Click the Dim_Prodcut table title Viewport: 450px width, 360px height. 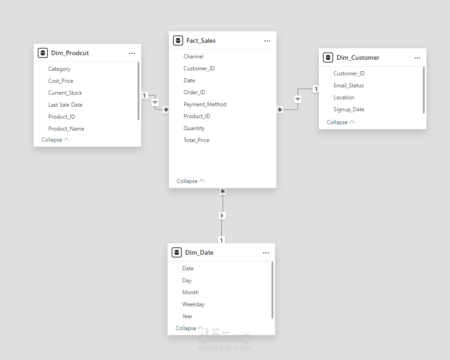coord(70,53)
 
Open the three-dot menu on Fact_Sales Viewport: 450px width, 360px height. coord(267,41)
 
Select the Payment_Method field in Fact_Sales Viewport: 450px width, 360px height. coord(205,104)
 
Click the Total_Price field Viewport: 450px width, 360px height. coord(196,140)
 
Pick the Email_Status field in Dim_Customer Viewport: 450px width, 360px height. coord(348,86)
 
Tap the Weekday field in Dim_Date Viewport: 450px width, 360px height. coord(193,304)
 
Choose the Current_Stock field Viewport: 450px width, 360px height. coord(65,93)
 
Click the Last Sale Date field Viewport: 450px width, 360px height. coord(65,105)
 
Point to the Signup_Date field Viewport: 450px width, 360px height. coord(349,109)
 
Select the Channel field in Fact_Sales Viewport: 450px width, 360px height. coord(193,57)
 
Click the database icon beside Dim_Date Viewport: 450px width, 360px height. coord(177,252)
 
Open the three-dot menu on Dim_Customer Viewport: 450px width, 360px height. coord(417,58)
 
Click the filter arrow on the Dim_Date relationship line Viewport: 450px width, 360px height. coord(222,216)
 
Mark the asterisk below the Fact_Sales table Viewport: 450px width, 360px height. coord(223,191)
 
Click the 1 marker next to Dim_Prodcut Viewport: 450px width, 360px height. coord(144,95)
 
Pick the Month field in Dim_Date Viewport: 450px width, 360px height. coord(190,292)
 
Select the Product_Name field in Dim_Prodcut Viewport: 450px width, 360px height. coord(66,129)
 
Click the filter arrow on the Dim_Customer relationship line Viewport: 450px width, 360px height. coord(298,99)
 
